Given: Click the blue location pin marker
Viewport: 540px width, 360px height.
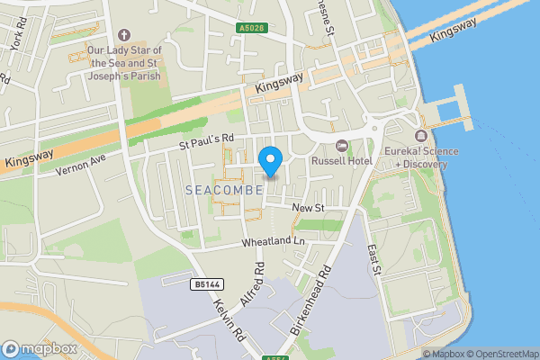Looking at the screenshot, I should click(271, 160).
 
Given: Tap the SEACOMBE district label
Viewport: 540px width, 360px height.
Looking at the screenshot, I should click(224, 190).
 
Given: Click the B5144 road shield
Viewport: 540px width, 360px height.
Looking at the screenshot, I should click(206, 284).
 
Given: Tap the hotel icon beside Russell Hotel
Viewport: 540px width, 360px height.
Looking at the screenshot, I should click(341, 146).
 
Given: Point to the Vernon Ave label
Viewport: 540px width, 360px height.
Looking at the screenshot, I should click(81, 163).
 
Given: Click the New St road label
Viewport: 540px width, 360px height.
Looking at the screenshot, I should click(307, 209).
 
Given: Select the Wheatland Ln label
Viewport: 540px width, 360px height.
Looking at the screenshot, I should click(274, 242).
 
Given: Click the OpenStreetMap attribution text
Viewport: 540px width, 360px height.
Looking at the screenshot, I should click(501, 354).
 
